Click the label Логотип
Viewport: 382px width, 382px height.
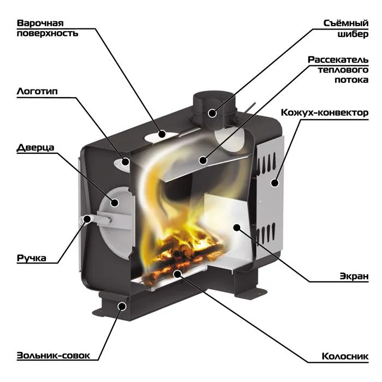click(x=37, y=91)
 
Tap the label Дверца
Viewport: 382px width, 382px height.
click(x=35, y=147)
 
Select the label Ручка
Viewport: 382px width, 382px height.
click(x=32, y=258)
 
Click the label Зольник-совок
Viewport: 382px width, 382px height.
click(x=53, y=355)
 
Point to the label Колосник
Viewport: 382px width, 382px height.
click(x=345, y=356)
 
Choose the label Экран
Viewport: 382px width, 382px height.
click(x=354, y=276)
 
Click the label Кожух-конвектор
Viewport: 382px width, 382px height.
click(x=325, y=113)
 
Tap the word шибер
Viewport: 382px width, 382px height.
click(x=353, y=34)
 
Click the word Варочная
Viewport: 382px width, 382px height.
click(x=40, y=23)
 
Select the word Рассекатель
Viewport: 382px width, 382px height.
click(x=338, y=59)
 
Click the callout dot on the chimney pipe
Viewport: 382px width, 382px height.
click(x=212, y=113)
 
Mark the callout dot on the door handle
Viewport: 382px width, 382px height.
click(x=87, y=219)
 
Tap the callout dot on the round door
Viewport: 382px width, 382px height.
click(x=115, y=202)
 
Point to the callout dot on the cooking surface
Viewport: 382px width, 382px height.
click(x=162, y=134)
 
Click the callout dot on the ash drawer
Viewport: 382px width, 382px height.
click(x=122, y=306)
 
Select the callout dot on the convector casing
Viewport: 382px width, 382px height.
click(x=275, y=183)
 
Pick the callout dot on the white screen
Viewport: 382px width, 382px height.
click(x=236, y=228)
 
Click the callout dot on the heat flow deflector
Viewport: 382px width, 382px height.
click(x=202, y=160)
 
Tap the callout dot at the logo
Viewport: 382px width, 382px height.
click(x=126, y=161)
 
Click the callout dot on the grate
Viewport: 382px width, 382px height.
click(x=177, y=274)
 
